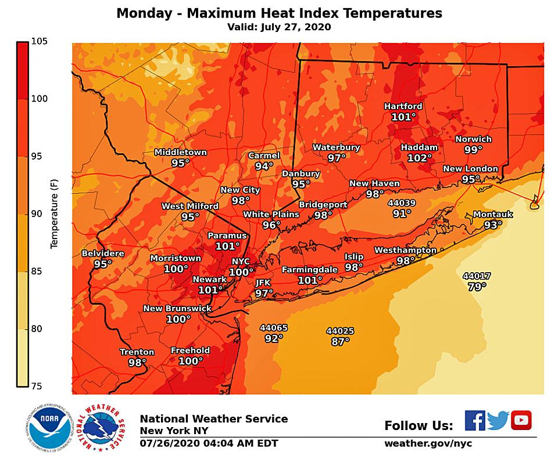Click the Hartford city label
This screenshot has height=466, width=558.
pos(403,106)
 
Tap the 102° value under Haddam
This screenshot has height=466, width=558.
pos(420,158)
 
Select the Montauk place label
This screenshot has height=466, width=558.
pos(492,214)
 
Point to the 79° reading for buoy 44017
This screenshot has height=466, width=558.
pos(477,286)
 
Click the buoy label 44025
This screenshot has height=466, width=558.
pos(340,331)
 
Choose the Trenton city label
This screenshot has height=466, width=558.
pos(137,352)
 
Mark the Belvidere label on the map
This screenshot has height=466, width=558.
pos(103,254)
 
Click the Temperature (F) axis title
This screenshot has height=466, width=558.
pos(55,214)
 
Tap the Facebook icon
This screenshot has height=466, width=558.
pos(474,420)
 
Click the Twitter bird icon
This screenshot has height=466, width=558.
pos(498,420)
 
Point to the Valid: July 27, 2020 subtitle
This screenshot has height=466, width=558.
pos(279,27)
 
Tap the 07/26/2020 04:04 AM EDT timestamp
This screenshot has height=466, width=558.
pos(209,444)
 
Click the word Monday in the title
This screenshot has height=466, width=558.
pos(140,13)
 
